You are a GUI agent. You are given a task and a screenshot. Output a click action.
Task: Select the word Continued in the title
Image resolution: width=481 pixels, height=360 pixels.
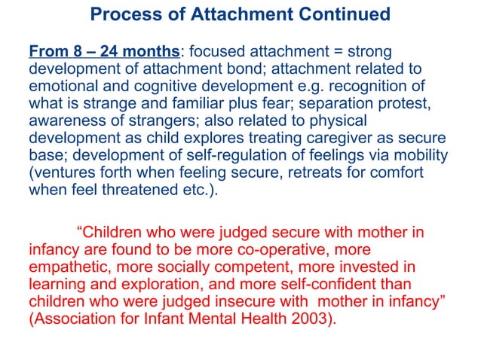345,14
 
